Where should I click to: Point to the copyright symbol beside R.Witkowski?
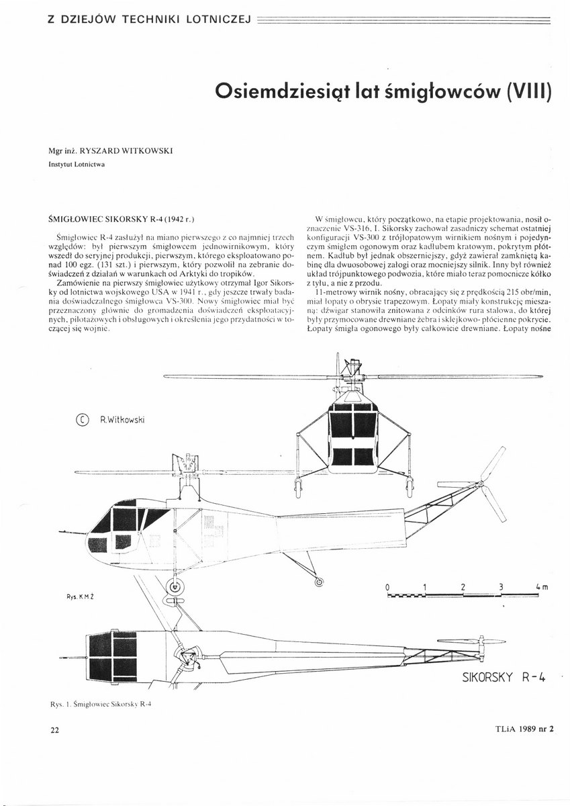(x=82, y=420)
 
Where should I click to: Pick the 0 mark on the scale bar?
(x=388, y=587)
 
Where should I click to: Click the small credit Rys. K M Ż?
(x=80, y=595)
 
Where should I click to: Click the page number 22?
(x=54, y=731)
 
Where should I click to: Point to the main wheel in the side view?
(x=176, y=586)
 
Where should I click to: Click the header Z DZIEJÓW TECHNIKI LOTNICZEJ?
(x=148, y=19)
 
